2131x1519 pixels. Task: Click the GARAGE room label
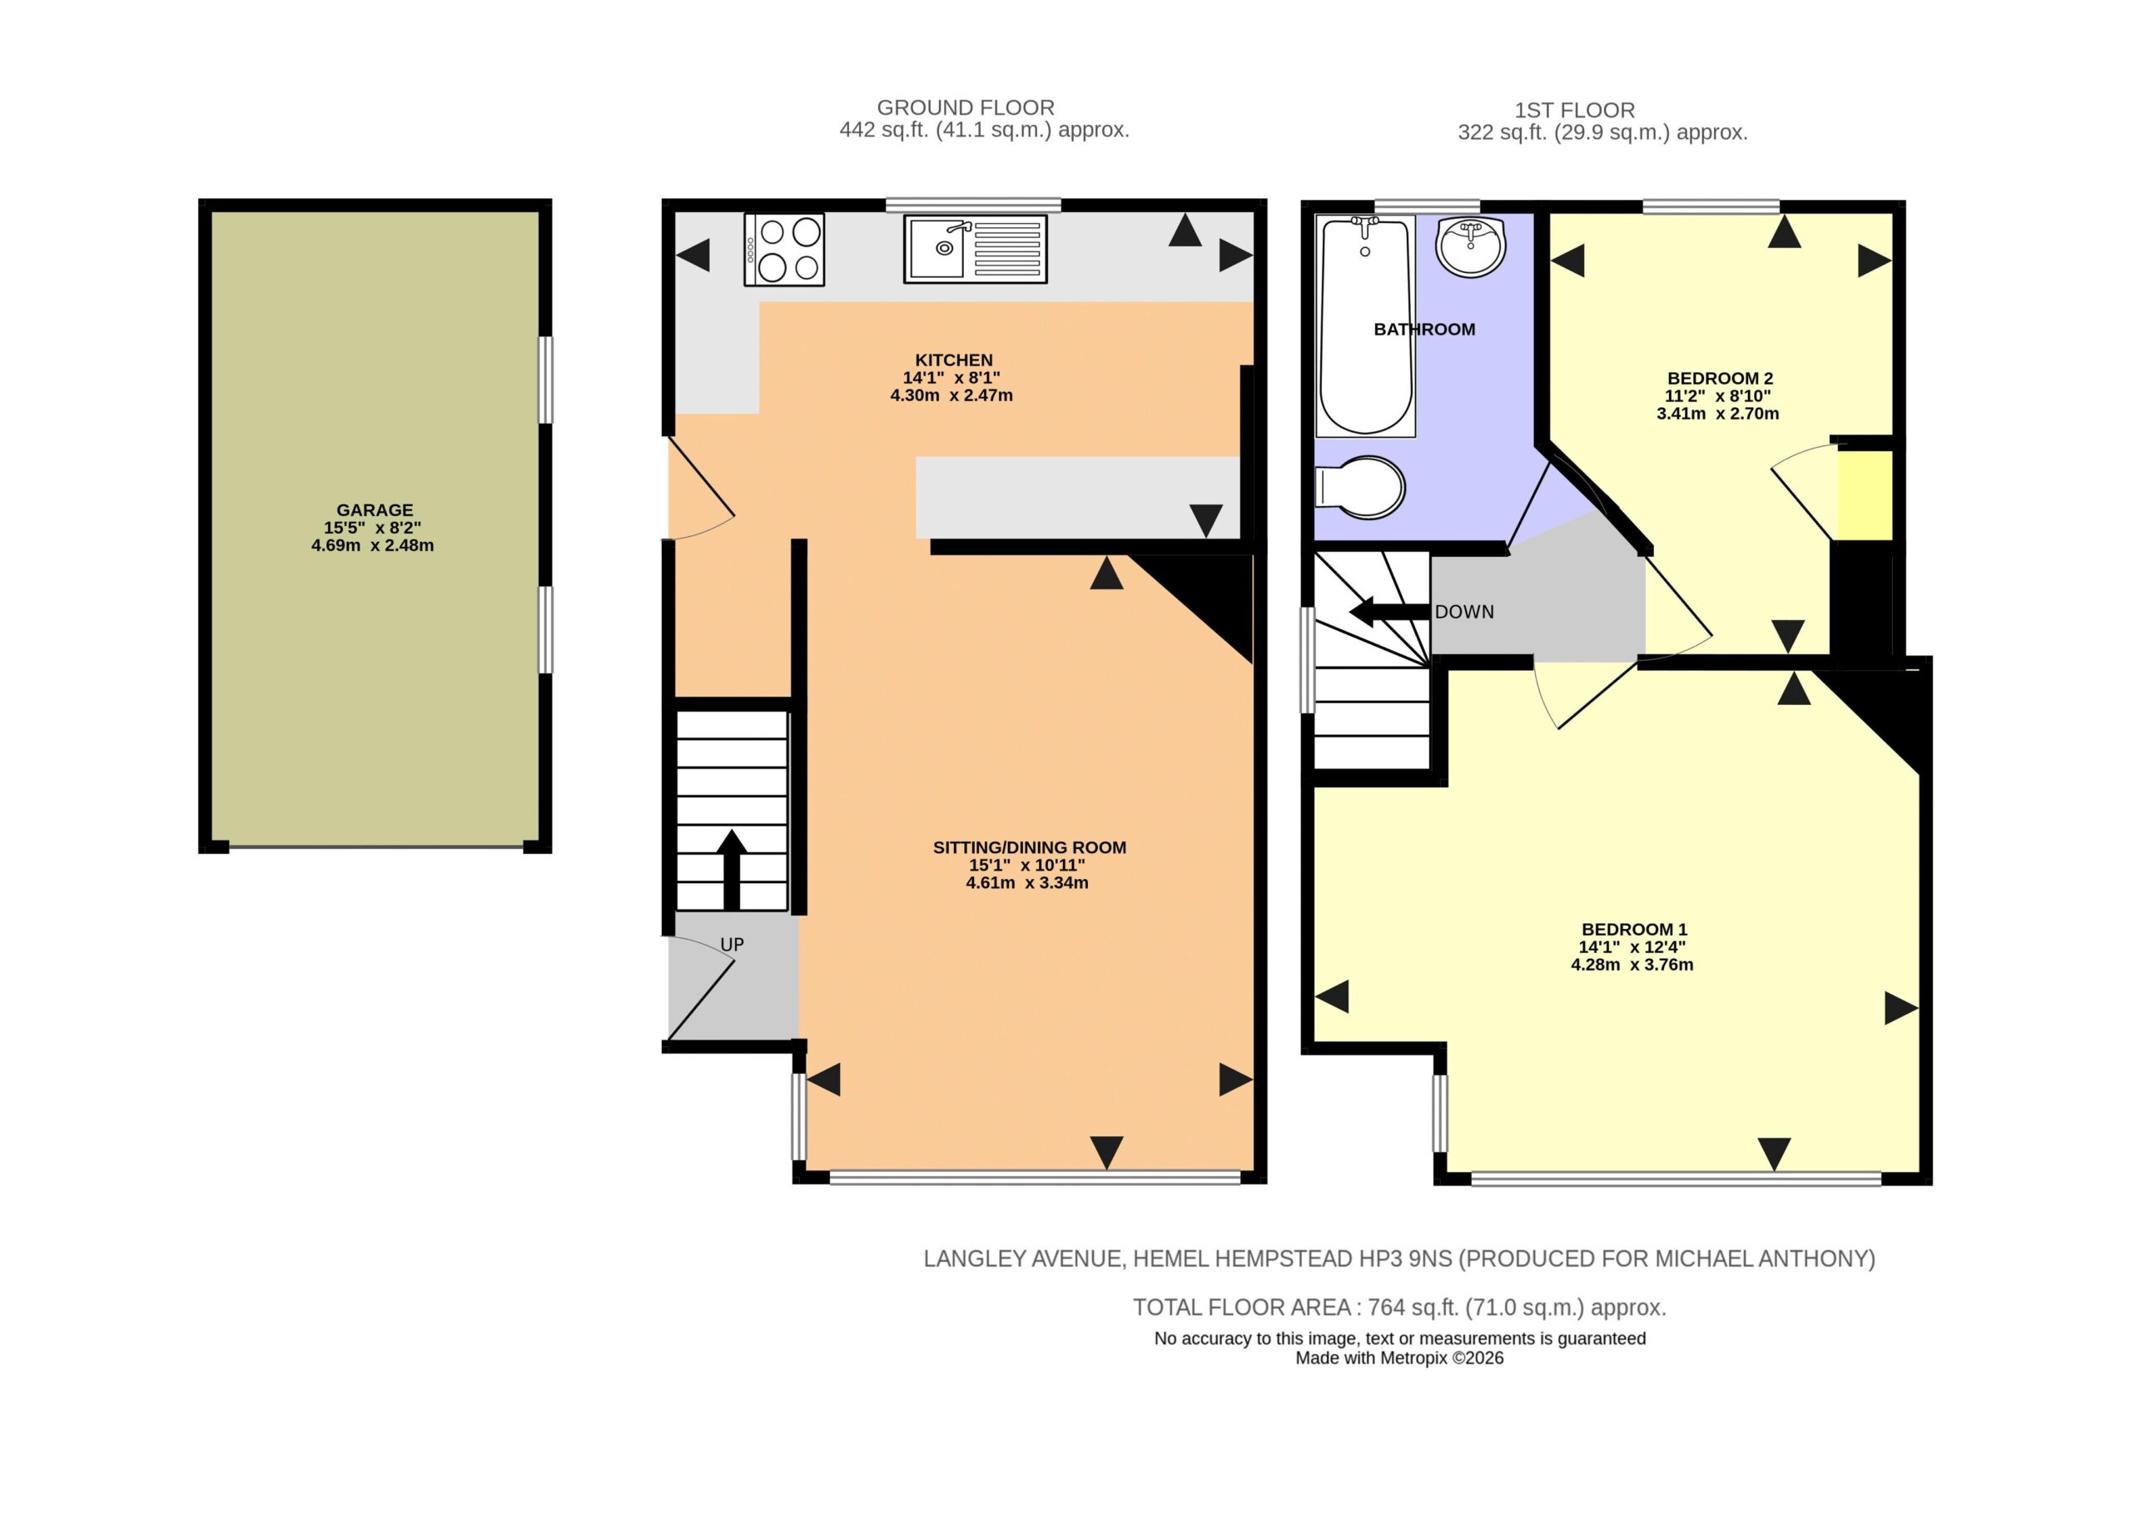coord(375,509)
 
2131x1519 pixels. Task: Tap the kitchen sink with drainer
coord(975,249)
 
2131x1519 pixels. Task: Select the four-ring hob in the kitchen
coord(784,249)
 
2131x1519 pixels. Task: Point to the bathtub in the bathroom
coord(1365,325)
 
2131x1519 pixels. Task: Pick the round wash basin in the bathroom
coord(1471,247)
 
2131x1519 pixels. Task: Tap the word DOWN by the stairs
coord(1464,612)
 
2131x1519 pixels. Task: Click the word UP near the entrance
coord(732,945)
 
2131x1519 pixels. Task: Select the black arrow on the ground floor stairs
coord(732,869)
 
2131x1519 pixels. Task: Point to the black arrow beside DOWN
coord(1389,612)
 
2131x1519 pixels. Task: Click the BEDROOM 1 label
coord(1633,930)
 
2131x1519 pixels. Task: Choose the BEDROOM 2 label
coord(1720,379)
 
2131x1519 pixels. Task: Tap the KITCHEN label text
coord(953,360)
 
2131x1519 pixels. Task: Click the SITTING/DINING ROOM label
coord(1029,847)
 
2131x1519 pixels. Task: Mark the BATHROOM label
coord(1423,330)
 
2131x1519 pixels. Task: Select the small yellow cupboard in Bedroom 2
coord(1865,494)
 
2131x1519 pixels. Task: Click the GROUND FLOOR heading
coord(966,107)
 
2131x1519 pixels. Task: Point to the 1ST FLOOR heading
coord(1574,111)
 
